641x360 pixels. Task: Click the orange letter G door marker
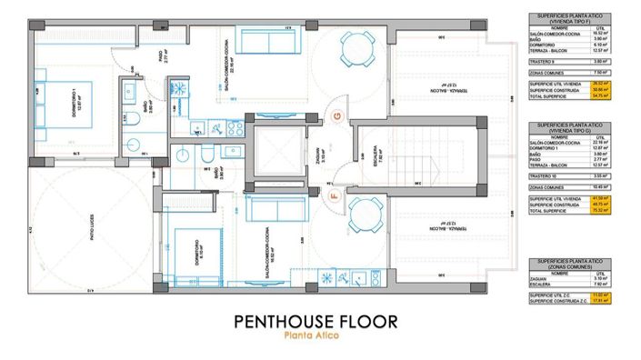(x=337, y=115)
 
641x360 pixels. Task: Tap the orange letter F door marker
(x=333, y=194)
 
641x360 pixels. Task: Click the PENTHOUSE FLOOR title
(x=315, y=321)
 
